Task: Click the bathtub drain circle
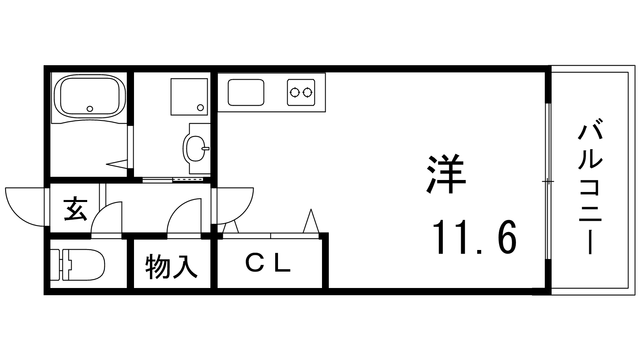[x=90, y=108]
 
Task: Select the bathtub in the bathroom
[x=90, y=96]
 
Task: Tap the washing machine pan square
[x=189, y=97]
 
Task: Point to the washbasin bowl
[x=196, y=148]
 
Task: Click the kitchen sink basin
[x=246, y=92]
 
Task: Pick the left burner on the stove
[x=294, y=92]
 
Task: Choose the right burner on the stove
[x=308, y=92]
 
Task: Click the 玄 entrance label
[x=76, y=208]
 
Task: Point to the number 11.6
[x=474, y=237]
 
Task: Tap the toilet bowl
[x=86, y=264]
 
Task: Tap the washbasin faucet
[x=206, y=148]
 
